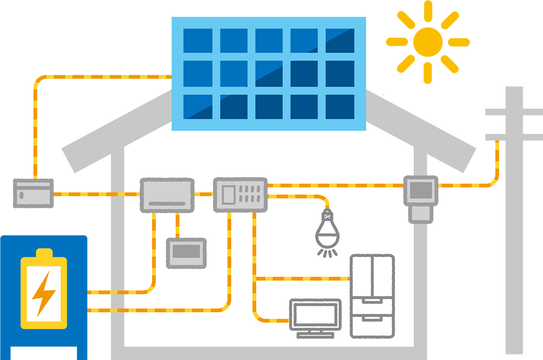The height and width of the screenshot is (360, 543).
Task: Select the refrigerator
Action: coord(372,295)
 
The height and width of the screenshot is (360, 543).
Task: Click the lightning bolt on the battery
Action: coord(43,294)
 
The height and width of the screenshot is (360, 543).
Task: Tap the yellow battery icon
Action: coord(43,291)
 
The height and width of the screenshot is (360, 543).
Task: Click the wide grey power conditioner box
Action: coord(167,195)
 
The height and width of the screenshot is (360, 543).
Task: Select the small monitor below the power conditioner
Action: coord(186,252)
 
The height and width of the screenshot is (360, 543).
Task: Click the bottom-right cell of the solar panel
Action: coord(340,106)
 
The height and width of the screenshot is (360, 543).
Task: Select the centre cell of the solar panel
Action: coord(268,73)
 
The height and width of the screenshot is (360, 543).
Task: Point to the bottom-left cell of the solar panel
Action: coord(197,106)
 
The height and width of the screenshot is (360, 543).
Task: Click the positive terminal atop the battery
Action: coord(43,253)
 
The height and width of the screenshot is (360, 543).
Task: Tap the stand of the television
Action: coord(315,333)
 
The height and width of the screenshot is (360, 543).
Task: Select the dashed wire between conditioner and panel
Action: coord(204,193)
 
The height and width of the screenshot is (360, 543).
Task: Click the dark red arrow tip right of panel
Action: coord(386,87)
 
